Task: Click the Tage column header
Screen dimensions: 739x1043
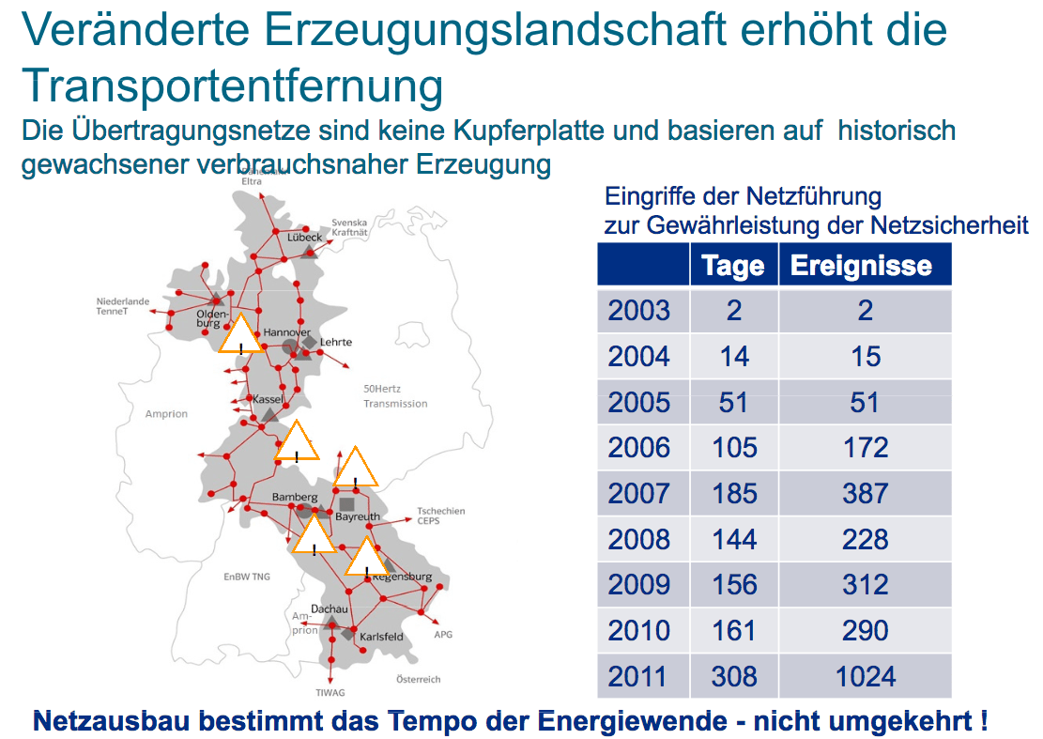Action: point(733,266)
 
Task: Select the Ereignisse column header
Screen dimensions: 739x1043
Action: point(861,266)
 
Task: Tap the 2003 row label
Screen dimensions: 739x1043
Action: point(639,311)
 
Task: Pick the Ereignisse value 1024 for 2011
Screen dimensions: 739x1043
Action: point(864,676)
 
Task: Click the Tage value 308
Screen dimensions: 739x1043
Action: point(733,676)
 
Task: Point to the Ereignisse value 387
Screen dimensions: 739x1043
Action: point(864,494)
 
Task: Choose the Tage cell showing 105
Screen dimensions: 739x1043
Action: point(733,448)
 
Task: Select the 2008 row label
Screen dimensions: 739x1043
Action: point(639,539)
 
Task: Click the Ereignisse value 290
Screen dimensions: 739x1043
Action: point(864,630)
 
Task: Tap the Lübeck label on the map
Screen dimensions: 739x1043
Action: point(304,238)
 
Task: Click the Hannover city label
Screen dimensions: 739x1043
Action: point(286,332)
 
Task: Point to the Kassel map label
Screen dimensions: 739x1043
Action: point(268,400)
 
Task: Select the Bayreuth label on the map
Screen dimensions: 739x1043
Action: point(358,517)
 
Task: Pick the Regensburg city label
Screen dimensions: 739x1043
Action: point(403,577)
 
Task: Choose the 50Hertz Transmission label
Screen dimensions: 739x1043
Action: point(394,396)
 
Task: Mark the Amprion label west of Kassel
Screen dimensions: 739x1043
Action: point(166,413)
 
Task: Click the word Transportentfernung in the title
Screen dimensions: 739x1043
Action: point(232,86)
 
